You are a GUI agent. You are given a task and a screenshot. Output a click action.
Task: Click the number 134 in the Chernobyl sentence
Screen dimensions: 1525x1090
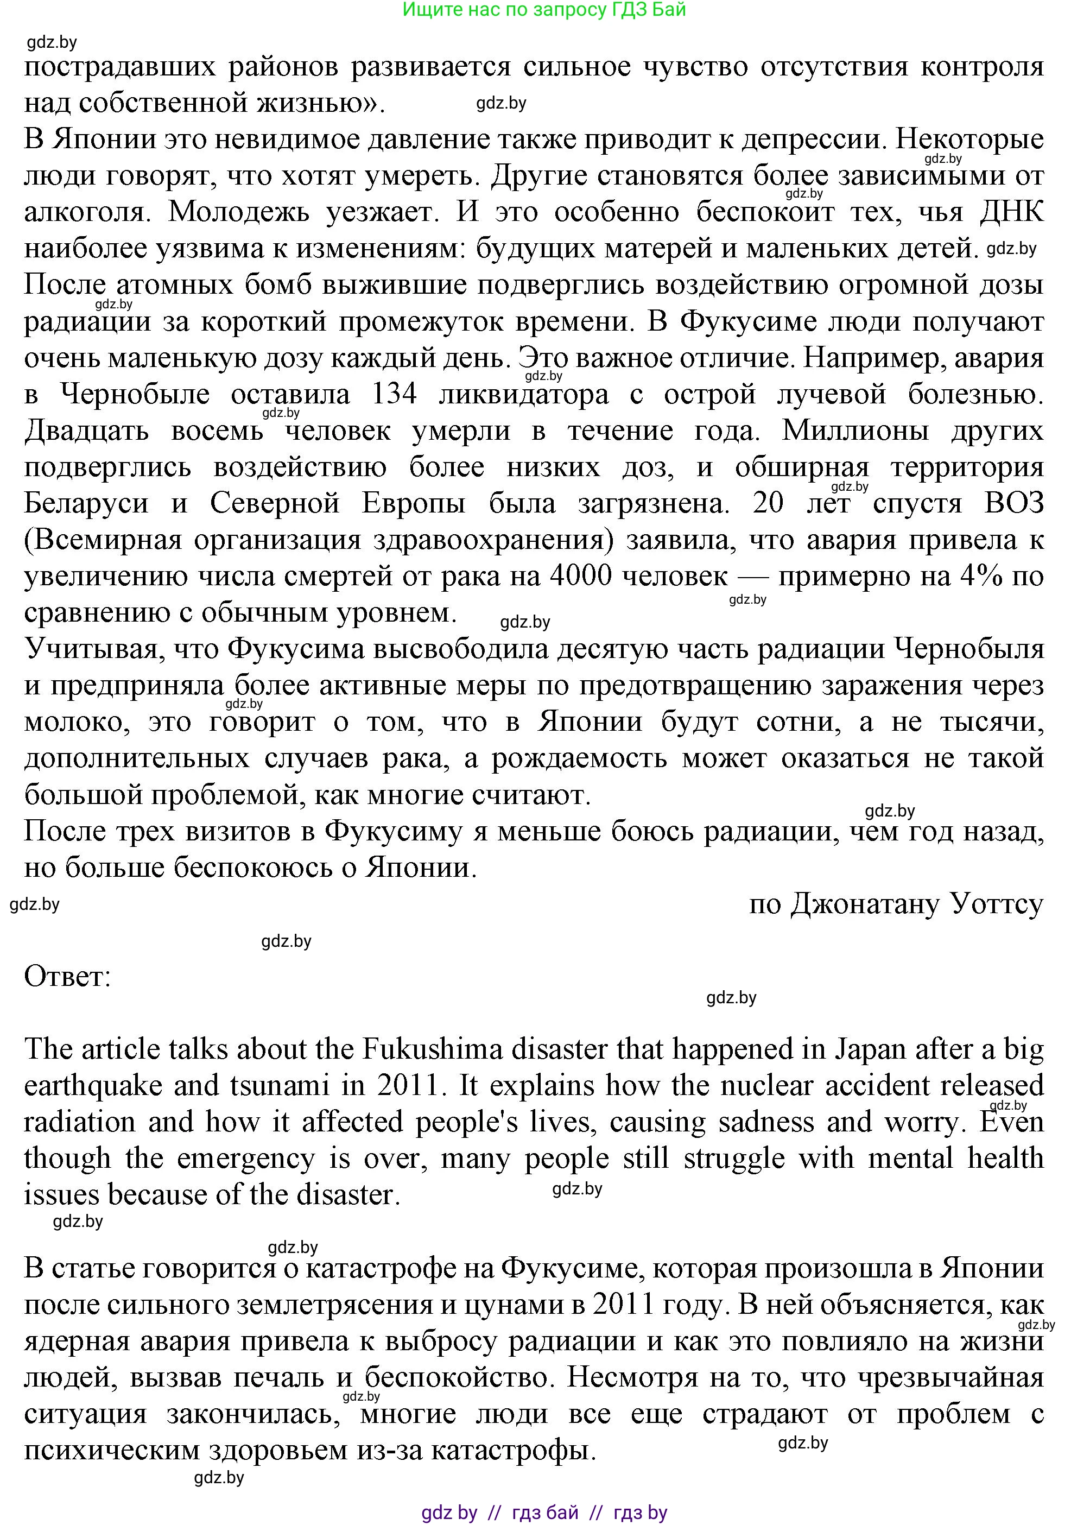coord(394,394)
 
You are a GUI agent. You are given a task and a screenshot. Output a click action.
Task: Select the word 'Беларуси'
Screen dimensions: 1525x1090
coord(86,503)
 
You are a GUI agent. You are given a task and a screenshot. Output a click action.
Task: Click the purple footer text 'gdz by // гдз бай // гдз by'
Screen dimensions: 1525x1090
coord(544,1513)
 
